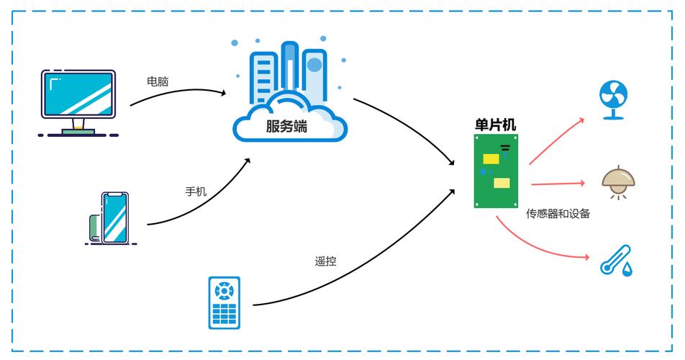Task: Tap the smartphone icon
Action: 114,217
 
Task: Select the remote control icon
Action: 224,302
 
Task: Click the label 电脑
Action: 158,81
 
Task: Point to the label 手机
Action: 196,192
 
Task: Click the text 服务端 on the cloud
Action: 286,127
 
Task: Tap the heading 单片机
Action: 496,125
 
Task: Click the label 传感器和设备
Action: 558,214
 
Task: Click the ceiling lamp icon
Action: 618,181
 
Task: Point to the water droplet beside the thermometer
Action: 627,269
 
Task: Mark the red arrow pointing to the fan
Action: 558,140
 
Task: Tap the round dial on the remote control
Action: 224,290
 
